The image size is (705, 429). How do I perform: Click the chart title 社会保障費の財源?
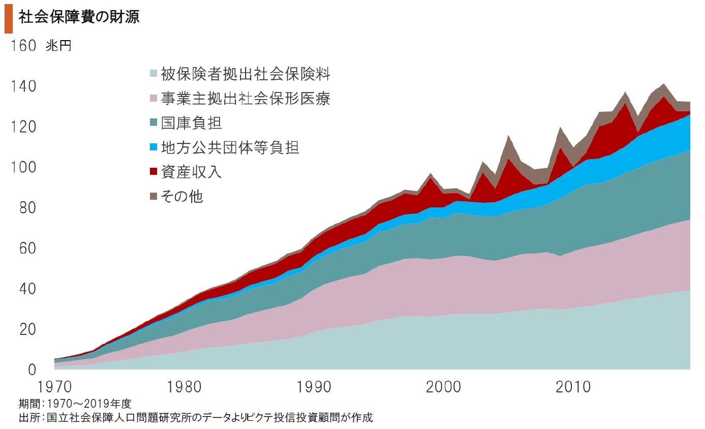(x=79, y=17)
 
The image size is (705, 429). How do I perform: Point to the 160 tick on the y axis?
(x=22, y=46)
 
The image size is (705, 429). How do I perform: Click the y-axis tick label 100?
(x=22, y=167)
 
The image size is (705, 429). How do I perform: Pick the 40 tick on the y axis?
(x=22, y=289)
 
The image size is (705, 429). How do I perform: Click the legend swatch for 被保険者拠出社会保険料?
(x=153, y=74)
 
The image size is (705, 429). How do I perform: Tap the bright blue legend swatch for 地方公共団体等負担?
(x=153, y=148)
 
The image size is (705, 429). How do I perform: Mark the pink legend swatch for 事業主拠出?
(x=153, y=99)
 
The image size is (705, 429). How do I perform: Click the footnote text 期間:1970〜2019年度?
(x=75, y=404)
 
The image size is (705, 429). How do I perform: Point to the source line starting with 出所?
(x=196, y=418)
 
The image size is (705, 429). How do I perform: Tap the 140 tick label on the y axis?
(x=22, y=86)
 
